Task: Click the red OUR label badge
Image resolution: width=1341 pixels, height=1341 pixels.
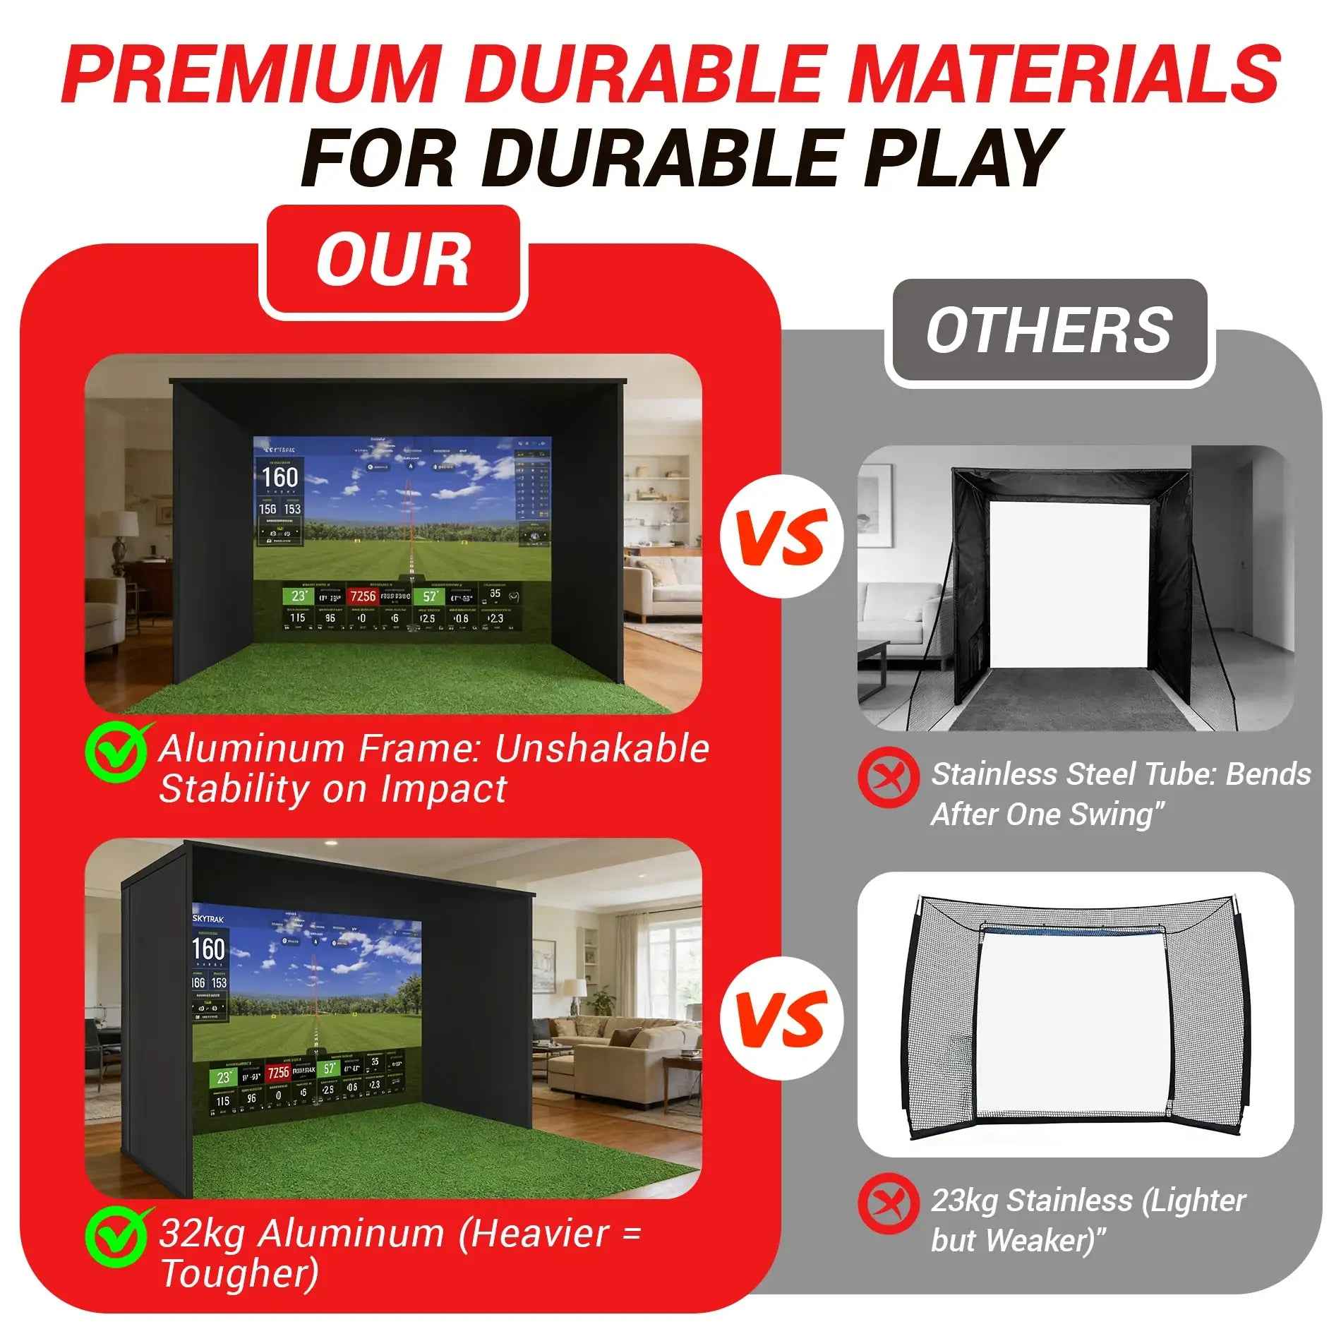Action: click(x=393, y=261)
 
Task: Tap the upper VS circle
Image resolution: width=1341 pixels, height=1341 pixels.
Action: click(x=781, y=536)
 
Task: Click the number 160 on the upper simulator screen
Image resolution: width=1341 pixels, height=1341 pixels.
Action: click(x=280, y=478)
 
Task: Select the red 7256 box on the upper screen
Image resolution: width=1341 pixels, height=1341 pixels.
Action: click(x=363, y=596)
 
